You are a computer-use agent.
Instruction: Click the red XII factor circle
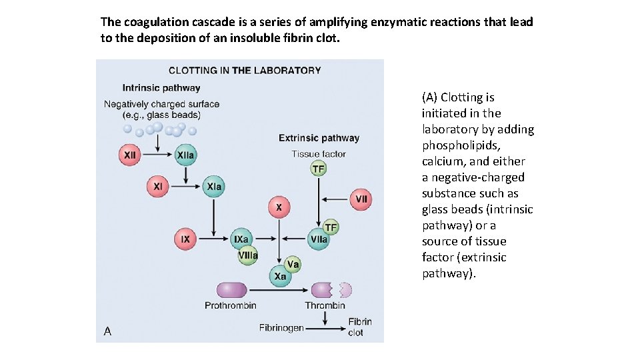point(131,155)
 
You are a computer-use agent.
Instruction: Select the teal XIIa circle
point(186,155)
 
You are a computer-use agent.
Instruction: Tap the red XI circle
point(158,187)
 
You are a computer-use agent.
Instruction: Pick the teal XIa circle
point(214,187)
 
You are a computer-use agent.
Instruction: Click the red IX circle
point(185,239)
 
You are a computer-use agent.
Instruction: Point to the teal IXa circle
point(241,239)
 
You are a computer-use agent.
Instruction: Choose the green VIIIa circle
point(248,255)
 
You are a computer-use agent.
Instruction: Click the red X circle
point(279,207)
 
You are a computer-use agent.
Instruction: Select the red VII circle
point(361,198)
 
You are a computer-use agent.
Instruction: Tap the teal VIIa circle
point(319,239)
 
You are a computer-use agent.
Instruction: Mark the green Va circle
point(293,265)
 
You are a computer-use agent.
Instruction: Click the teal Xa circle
point(279,276)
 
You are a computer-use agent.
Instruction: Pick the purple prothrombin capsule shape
point(231,290)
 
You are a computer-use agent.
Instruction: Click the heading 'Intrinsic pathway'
point(161,87)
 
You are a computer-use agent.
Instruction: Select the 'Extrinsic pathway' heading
point(319,138)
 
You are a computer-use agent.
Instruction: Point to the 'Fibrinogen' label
point(281,327)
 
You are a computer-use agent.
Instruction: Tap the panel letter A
point(107,331)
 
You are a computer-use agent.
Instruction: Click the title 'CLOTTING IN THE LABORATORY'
point(245,70)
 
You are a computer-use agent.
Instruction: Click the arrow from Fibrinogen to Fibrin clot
point(325,327)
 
